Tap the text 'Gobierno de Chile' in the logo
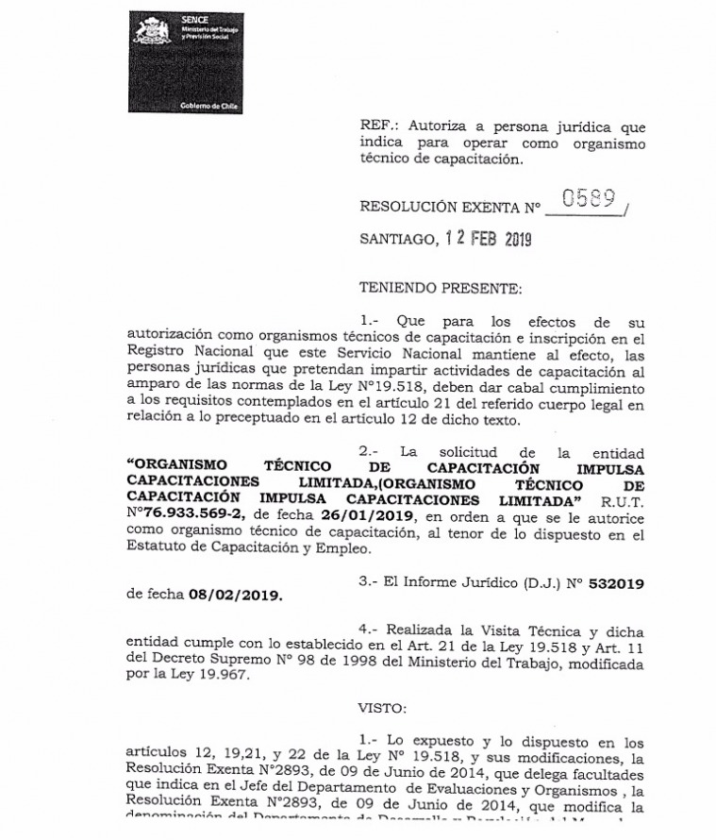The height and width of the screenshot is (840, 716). [208, 108]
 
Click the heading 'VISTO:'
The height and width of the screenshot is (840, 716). [383, 705]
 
